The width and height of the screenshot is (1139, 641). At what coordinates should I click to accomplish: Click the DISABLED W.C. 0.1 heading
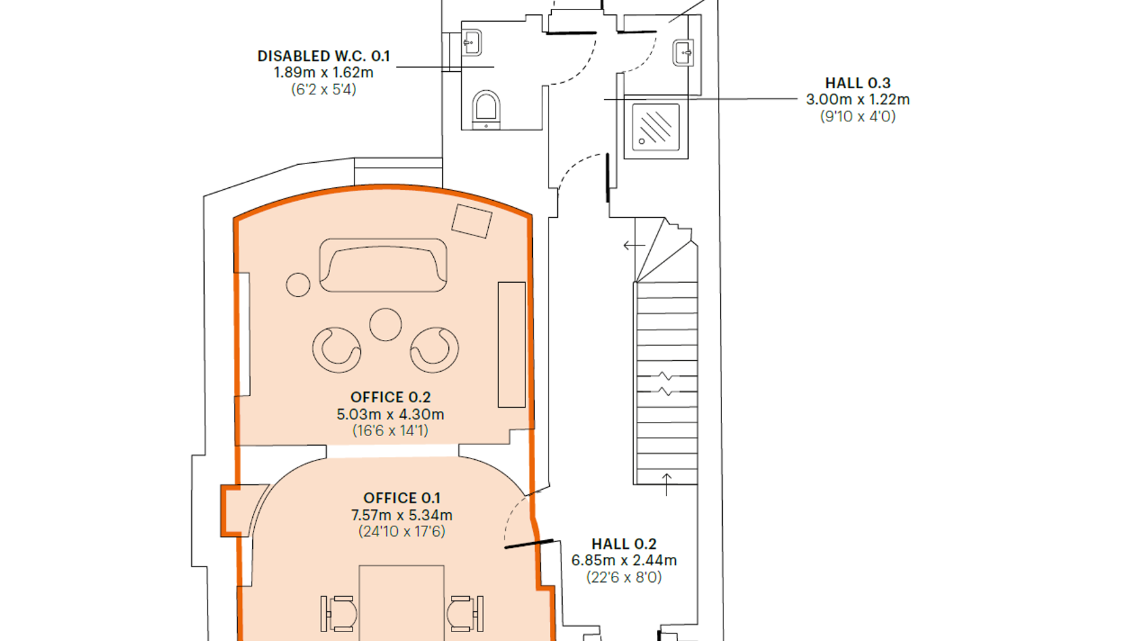[x=323, y=56]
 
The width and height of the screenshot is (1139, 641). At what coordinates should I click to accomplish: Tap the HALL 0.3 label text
[x=858, y=83]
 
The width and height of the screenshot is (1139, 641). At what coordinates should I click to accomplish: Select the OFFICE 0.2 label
[x=391, y=397]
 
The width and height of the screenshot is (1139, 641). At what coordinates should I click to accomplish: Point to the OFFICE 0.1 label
[x=401, y=498]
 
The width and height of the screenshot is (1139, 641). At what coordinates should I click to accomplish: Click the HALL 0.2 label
[x=624, y=544]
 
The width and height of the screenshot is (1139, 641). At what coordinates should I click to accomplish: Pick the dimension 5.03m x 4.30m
[x=391, y=414]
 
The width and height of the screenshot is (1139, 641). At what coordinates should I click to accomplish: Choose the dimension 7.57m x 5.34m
[x=401, y=515]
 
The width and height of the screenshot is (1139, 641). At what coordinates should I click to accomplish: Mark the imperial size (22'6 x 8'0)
[x=624, y=577]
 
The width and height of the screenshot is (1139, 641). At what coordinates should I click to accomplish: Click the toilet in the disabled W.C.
[x=486, y=110]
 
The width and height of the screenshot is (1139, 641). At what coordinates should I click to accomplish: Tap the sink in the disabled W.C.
[x=471, y=43]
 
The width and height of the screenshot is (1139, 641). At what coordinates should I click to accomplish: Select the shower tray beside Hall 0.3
[x=656, y=128]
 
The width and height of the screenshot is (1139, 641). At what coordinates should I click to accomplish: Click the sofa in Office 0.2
[x=383, y=265]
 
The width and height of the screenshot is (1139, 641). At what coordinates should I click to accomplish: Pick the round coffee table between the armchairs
[x=385, y=324]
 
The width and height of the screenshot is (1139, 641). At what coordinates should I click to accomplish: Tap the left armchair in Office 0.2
[x=336, y=350]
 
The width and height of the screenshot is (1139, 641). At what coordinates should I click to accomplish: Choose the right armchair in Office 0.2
[x=434, y=350]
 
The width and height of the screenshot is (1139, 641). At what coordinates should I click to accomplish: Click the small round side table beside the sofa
[x=298, y=285]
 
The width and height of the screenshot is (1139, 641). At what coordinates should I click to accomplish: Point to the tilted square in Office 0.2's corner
[x=472, y=221]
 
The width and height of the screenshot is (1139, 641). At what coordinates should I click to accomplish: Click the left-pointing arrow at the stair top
[x=634, y=246]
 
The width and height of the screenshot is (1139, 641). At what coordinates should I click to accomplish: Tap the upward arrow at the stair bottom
[x=666, y=484]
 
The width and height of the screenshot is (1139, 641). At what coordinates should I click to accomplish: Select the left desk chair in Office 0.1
[x=339, y=613]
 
